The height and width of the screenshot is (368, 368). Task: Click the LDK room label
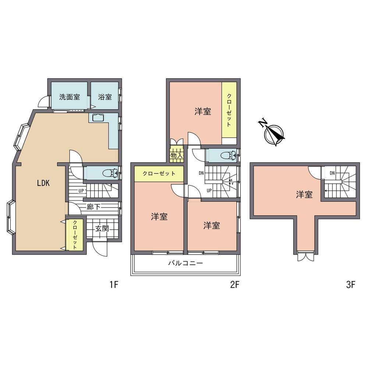(43, 183)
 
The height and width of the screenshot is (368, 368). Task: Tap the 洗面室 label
(70, 97)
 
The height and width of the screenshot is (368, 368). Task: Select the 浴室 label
(105, 97)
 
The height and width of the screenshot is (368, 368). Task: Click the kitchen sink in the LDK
(98, 118)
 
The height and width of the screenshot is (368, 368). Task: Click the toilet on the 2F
(229, 155)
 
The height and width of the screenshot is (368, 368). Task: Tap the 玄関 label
(102, 228)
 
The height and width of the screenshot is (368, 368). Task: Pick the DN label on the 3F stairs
(332, 173)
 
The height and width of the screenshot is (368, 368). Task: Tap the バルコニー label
(185, 263)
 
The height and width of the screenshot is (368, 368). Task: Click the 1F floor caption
(114, 284)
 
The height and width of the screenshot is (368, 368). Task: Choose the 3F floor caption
(350, 284)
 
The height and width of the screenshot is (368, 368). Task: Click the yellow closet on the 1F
(75, 235)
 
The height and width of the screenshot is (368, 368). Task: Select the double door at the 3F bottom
(305, 256)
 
